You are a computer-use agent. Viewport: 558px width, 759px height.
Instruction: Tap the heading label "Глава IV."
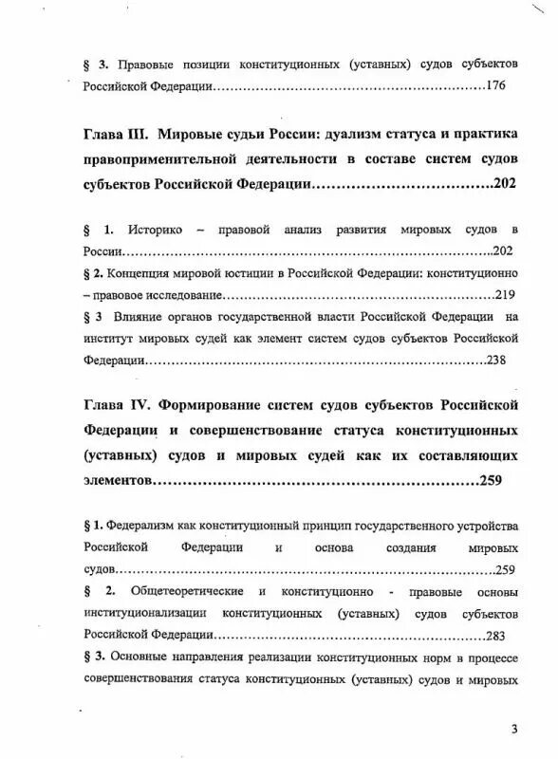[x=118, y=406]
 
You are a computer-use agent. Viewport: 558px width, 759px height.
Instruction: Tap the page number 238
[x=498, y=361]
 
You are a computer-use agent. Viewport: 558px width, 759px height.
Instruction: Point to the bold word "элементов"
[x=118, y=481]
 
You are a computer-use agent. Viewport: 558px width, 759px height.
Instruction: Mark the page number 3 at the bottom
[x=513, y=729]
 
